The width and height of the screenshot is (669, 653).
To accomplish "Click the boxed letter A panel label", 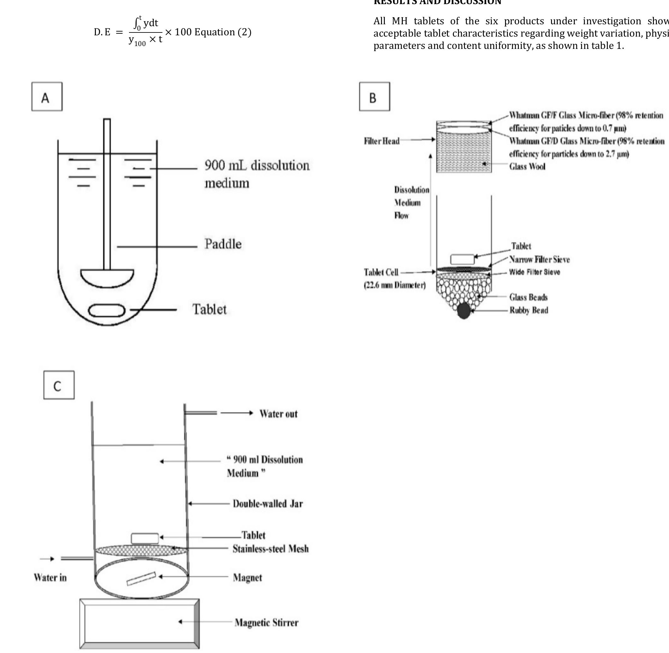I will [47, 97].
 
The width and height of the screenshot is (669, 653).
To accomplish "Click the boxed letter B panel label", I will [374, 97].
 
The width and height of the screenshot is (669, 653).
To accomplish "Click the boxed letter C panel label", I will [59, 385].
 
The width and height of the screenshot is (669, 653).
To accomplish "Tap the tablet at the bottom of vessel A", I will [107, 310].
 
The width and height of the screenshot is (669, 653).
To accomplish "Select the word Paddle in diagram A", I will [223, 244].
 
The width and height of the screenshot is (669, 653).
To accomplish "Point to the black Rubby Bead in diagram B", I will [463, 311].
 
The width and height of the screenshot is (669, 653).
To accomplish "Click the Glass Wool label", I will [527, 167].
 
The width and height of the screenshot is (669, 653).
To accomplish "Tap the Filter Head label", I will [382, 141].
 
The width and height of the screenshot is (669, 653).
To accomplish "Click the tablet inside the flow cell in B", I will [462, 259].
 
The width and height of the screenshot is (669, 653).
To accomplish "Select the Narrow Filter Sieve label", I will [539, 259].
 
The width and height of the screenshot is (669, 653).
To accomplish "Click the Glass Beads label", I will [528, 297].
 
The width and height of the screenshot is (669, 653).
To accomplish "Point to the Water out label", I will [278, 414].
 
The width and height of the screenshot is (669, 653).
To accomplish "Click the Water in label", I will [50, 578].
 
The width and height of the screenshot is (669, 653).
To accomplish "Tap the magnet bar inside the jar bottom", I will [141, 579].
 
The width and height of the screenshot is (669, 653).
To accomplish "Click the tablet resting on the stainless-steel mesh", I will [145, 538].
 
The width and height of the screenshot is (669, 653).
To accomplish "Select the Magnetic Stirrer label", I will [266, 622].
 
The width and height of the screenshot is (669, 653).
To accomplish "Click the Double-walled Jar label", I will [267, 504].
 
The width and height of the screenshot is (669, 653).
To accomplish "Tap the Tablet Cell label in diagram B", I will [381, 272].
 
